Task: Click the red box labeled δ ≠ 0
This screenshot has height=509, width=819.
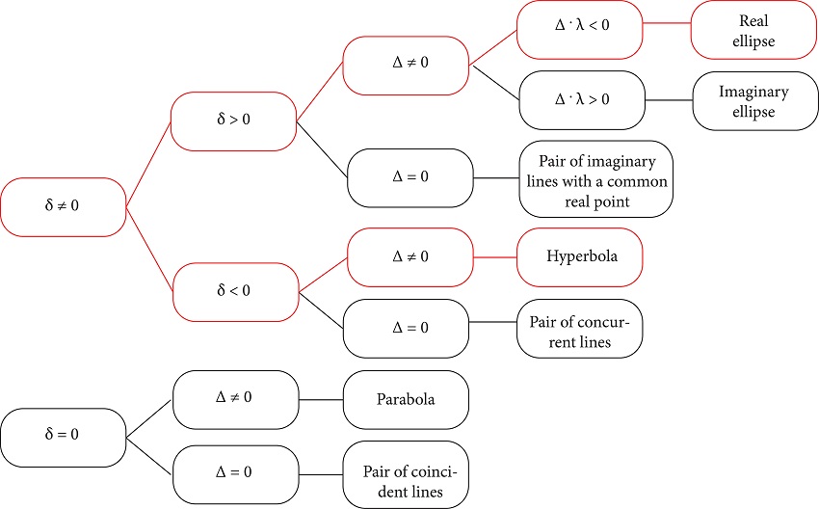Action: (x=63, y=206)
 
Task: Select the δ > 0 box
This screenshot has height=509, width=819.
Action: (x=232, y=121)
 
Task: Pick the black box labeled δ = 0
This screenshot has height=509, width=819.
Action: (x=63, y=436)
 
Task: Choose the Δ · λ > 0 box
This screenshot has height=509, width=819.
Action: (x=581, y=100)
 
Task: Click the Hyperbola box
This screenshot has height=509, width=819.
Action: (x=579, y=257)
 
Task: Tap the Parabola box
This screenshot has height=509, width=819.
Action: (x=406, y=399)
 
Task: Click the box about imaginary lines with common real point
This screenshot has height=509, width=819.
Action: (x=594, y=178)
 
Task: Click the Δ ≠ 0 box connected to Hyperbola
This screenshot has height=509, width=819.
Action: (x=410, y=257)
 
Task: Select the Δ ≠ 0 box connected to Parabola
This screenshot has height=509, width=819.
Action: (x=235, y=399)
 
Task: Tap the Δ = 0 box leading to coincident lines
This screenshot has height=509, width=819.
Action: (x=235, y=474)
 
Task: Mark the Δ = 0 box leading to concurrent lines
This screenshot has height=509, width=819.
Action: (x=409, y=328)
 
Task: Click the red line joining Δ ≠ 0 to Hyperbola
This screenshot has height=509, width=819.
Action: (x=495, y=257)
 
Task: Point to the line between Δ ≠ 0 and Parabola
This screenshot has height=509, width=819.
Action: (x=321, y=399)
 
